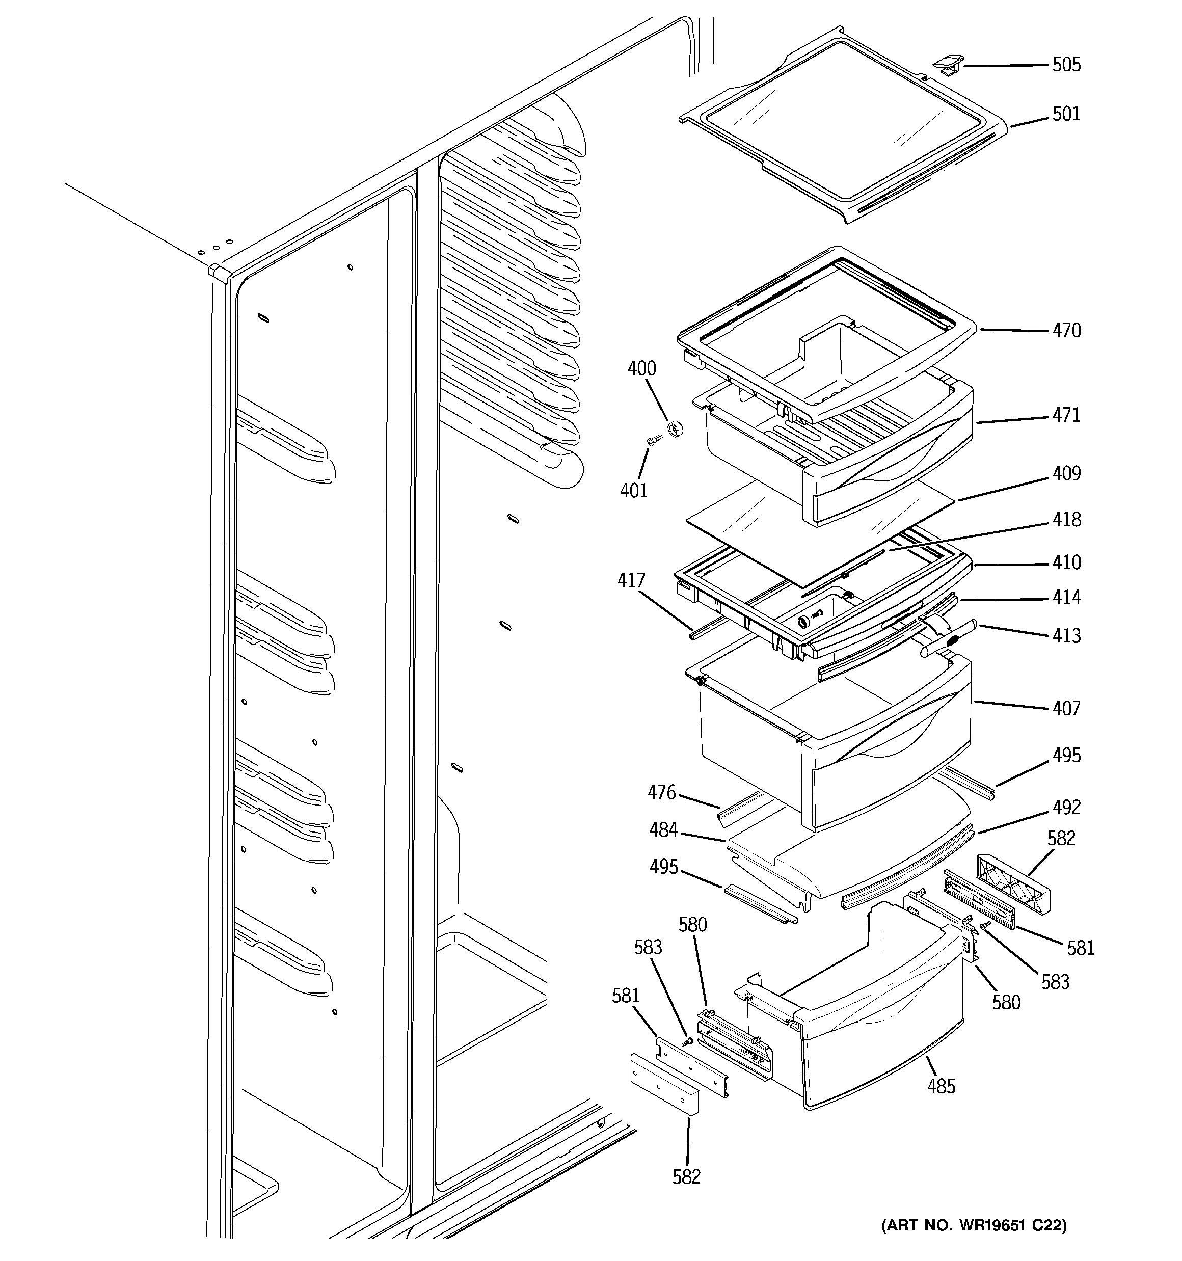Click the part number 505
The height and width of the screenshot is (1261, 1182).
pos(1066,65)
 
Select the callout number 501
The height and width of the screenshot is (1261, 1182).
pos(1066,114)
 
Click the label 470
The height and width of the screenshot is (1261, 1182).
pos(1066,331)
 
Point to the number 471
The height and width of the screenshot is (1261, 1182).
pos(1066,415)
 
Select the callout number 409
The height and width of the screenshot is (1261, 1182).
pos(1066,474)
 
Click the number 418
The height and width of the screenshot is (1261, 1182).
pos(1066,520)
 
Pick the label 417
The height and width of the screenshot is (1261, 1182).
pos(631,581)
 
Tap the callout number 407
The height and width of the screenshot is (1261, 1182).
pos(1066,709)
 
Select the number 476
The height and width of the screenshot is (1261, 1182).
pos(662,793)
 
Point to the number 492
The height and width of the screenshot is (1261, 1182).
pos(1066,808)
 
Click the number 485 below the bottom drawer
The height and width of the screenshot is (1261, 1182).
pos(941,1087)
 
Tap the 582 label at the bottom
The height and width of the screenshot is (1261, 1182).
pos(686,1176)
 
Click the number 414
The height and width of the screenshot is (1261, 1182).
pos(1066,598)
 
